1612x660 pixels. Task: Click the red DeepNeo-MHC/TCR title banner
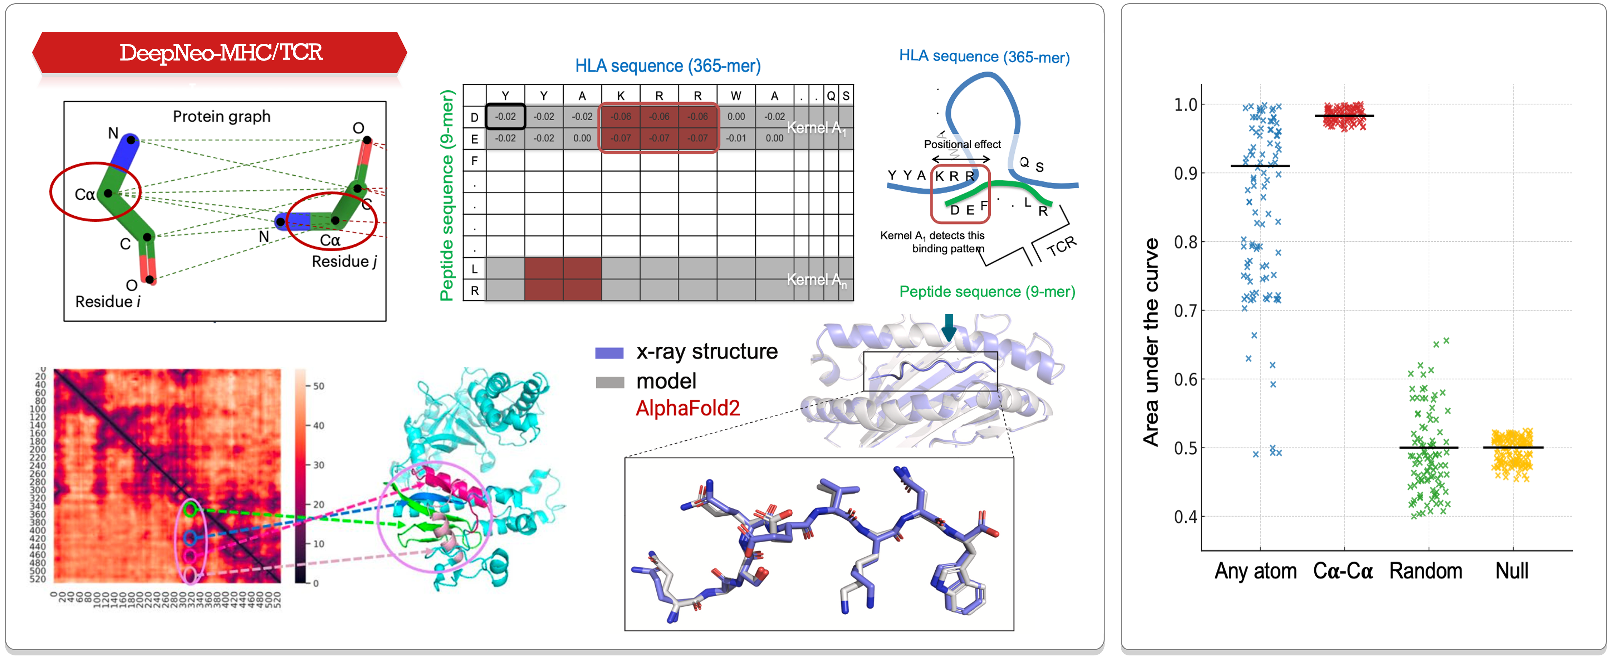click(220, 53)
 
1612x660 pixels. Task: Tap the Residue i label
click(107, 302)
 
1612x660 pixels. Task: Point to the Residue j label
click(344, 262)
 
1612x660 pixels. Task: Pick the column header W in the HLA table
click(736, 96)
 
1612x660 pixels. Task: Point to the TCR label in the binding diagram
click(1062, 246)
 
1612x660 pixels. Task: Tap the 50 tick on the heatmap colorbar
click(319, 386)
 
